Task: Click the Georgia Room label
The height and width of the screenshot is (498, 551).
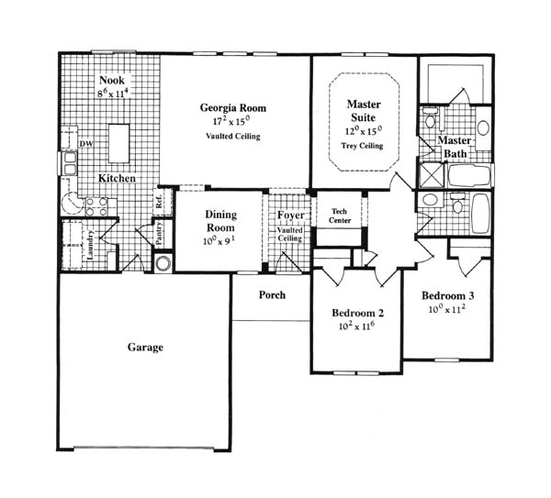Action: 233,108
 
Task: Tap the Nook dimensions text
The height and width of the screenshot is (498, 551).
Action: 112,94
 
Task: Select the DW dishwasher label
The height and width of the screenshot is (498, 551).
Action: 86,144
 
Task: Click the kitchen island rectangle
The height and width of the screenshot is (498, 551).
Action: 118,143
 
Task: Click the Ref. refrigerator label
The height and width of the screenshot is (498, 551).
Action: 159,201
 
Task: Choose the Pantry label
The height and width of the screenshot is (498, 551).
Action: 159,233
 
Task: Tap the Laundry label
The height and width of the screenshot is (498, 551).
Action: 90,245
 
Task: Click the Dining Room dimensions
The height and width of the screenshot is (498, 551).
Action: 219,241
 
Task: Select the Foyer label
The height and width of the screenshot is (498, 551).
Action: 290,216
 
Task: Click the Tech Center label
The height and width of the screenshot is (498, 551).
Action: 340,216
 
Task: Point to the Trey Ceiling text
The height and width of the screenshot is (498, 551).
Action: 362,146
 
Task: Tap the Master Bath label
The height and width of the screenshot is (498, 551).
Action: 455,147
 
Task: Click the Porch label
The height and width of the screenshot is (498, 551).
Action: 272,294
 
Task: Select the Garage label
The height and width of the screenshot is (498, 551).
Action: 145,348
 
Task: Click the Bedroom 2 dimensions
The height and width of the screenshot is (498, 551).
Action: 356,326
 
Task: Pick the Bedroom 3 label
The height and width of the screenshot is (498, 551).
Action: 448,296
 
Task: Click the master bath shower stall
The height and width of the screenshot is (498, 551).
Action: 432,175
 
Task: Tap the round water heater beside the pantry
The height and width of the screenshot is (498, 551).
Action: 163,263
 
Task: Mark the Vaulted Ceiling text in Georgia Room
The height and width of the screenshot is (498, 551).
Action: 233,136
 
